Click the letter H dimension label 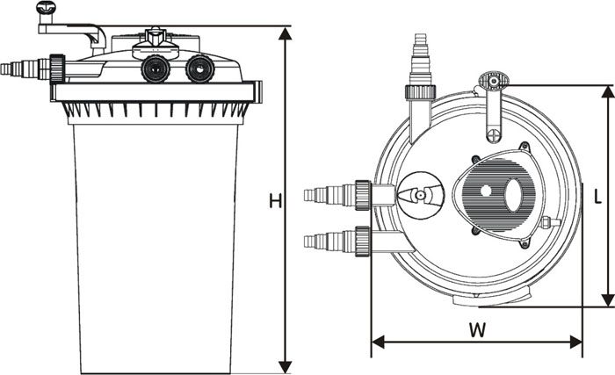(x=275, y=201)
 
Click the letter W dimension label (x=477, y=330)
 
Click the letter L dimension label (x=597, y=197)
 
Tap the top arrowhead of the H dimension (x=286, y=33)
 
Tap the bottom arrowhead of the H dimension (x=286, y=367)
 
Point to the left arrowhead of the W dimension (x=378, y=342)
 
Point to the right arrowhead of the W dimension (x=575, y=342)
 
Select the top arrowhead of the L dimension (x=608, y=92)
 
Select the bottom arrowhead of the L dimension (x=608, y=300)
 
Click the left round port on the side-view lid (x=156, y=69)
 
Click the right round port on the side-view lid (x=199, y=69)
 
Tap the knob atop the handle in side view (x=46, y=7)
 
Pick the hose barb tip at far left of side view (x=6, y=69)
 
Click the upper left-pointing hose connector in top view (x=337, y=195)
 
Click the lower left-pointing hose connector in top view (x=337, y=242)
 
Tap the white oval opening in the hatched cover (x=514, y=195)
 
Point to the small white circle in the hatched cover (x=486, y=191)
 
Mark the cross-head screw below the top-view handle (x=493, y=136)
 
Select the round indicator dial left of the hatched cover (x=421, y=195)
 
